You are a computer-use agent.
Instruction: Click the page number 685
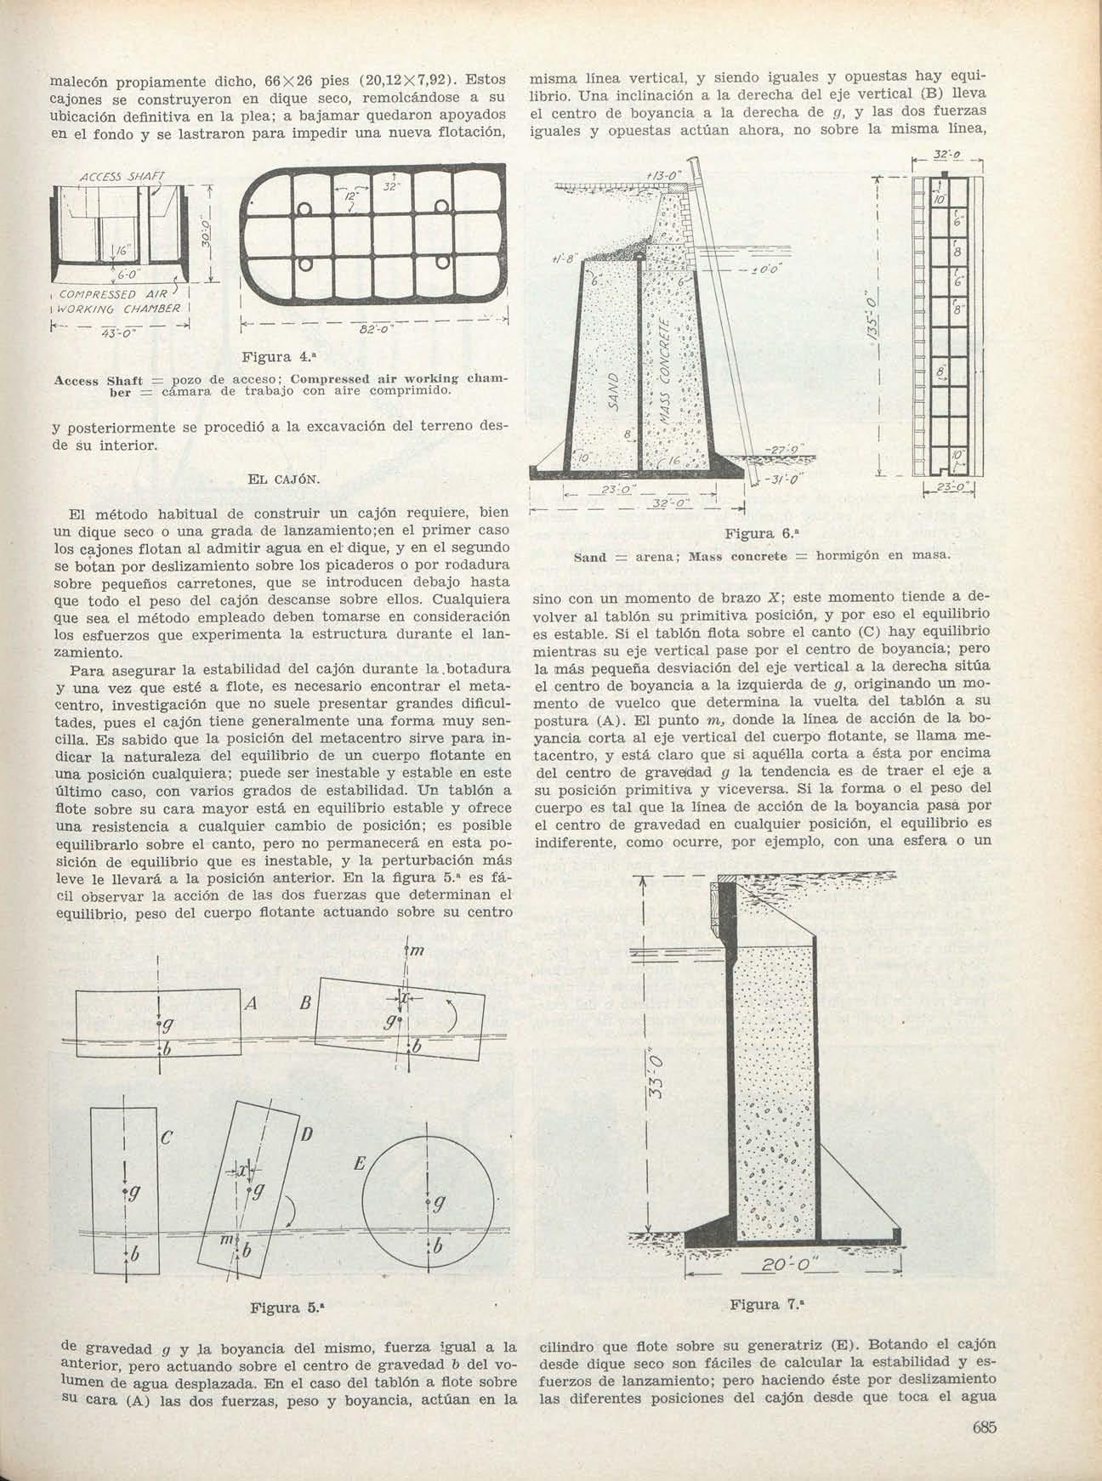click(x=983, y=1427)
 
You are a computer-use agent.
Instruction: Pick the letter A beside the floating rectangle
click(x=250, y=1004)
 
